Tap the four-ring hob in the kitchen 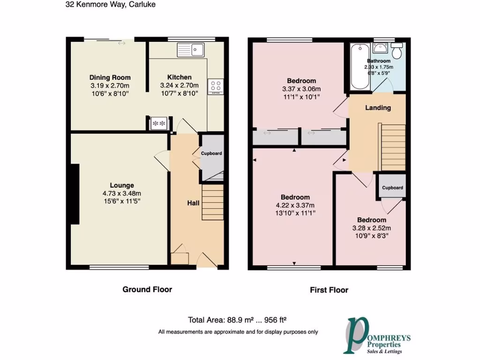pos(215,86)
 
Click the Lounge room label pos(122,185)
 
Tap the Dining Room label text pos(110,77)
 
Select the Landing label pos(378,108)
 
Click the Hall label pos(194,203)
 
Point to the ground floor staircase pos(212,202)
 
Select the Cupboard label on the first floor pos(392,187)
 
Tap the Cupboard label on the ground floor pos(211,153)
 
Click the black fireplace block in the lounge pos(74,194)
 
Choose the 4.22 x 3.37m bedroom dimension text pos(295,205)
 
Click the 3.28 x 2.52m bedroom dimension pos(372,228)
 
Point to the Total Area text pos(237,321)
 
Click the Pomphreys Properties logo pos(375,336)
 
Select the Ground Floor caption pos(147,289)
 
